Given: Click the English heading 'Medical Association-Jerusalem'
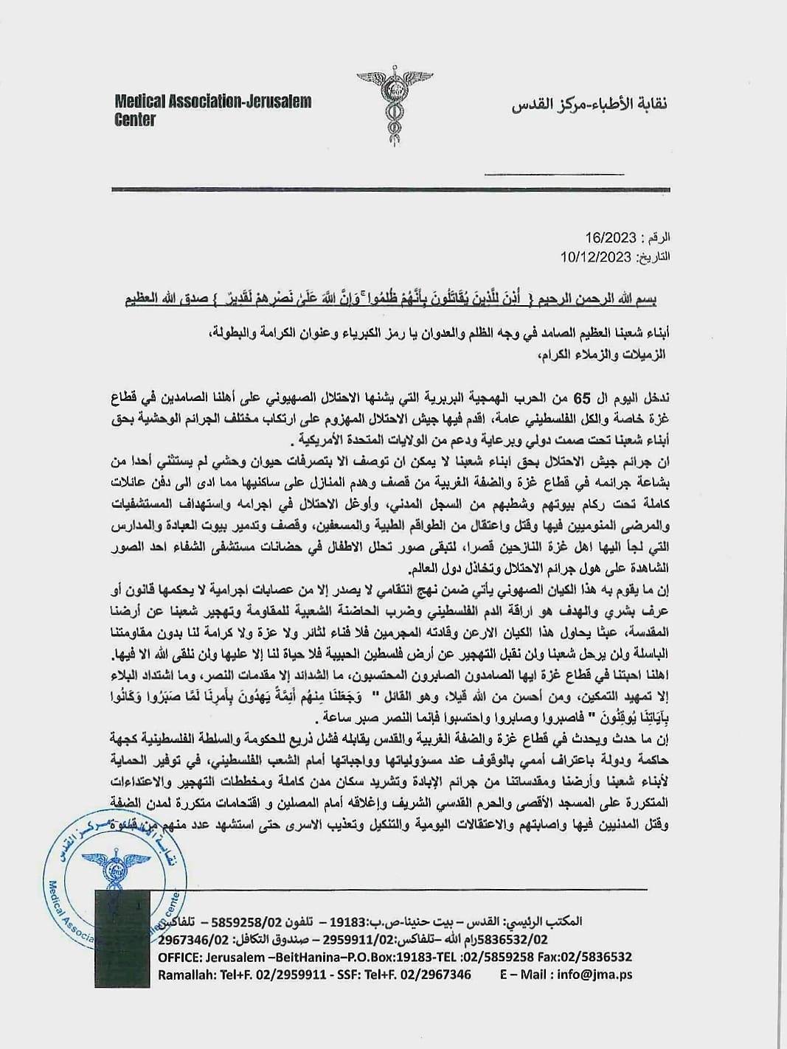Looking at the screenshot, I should [213, 102].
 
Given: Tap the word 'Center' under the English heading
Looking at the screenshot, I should [135, 119].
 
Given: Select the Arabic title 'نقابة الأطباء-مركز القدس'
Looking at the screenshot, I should [589, 105].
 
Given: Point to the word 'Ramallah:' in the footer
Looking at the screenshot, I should [185, 974].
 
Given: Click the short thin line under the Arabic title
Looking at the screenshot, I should [553, 175].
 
